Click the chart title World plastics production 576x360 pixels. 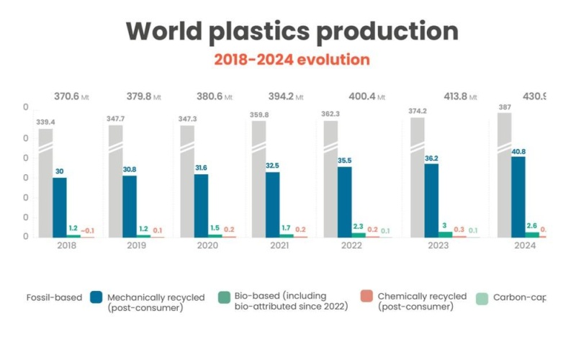292,31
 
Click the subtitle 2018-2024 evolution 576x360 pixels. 292,60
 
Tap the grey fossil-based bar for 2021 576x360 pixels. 258,180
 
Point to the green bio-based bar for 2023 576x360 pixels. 446,234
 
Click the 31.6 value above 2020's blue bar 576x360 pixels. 203,168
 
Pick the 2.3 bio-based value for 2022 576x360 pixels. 359,226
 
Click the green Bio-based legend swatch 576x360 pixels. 225,297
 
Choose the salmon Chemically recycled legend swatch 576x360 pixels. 367,297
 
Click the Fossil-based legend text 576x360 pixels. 53,297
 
